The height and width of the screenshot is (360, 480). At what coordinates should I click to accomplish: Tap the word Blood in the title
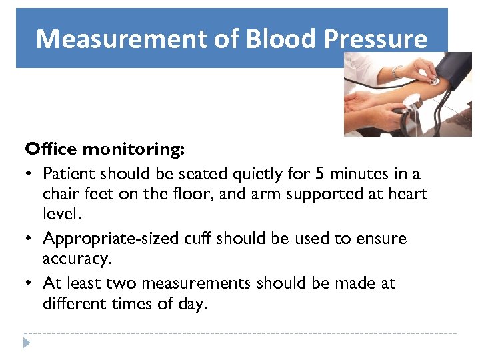click(281, 39)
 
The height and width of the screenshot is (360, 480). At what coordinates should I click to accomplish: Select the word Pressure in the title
click(375, 39)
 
